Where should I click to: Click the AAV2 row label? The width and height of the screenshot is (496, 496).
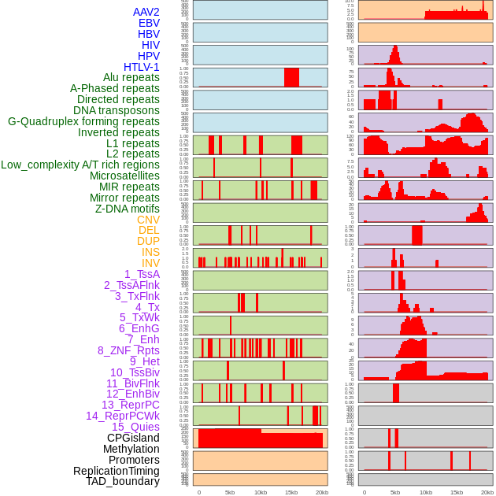146,12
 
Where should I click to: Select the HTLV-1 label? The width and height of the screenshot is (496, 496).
141,67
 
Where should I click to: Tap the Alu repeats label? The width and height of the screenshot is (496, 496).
131,77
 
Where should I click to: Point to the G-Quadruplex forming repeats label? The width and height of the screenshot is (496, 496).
83,121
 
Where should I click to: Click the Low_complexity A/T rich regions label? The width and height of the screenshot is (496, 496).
80,165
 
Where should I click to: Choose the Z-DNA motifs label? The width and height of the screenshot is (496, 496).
127,209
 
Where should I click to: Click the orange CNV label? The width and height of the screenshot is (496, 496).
148,220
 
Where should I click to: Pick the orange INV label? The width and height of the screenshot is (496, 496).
150,263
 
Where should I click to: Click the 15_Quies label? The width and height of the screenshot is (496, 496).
135,427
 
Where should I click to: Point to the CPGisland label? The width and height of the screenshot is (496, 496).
133,438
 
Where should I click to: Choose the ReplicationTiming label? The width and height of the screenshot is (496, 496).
116,471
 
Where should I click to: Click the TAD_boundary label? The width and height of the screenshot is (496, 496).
123,481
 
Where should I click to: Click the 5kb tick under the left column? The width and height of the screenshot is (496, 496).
230,492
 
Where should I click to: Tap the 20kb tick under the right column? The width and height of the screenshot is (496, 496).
487,492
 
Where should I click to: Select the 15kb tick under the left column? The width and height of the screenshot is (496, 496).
291,492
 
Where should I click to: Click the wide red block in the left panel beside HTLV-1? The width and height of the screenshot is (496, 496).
291,78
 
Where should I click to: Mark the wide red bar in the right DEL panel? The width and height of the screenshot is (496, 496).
416,235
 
